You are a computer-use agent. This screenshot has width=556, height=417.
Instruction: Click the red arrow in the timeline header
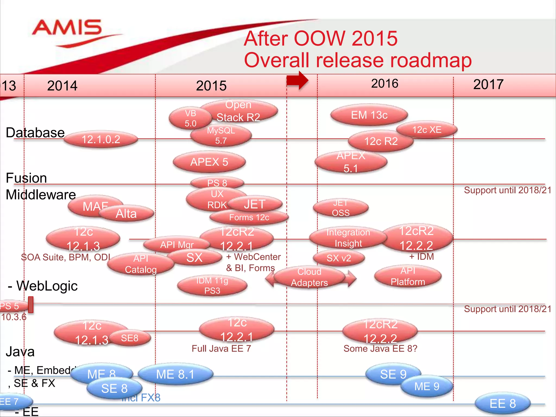pos(298,80)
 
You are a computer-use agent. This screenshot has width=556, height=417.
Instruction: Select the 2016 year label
pos(384,84)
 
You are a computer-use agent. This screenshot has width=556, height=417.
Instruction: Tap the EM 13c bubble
pos(369,115)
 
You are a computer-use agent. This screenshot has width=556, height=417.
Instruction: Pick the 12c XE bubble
pos(427,130)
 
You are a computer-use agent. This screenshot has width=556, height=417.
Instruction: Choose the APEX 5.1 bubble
pos(351,162)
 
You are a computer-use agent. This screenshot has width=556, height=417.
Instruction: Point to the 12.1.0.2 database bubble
pos(101,140)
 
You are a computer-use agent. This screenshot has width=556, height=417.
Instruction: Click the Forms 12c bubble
pos(249,217)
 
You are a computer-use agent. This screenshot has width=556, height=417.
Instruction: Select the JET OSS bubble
pos(341,208)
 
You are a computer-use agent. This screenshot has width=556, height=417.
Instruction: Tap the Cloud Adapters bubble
pos(309,277)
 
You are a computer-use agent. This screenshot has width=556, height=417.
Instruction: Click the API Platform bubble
pos(408,276)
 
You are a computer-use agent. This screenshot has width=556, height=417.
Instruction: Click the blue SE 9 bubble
pos(393,374)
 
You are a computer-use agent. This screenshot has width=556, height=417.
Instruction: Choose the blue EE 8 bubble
pos(503,403)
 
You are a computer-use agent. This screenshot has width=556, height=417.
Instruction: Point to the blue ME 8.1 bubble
pos(175,374)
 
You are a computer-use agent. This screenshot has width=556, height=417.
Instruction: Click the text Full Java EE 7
pos(221,349)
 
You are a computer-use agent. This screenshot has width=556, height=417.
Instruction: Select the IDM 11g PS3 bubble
pos(212,286)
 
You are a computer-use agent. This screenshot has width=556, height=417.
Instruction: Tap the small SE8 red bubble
pos(130,338)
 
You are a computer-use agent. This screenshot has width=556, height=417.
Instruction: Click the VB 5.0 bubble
pos(190,118)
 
